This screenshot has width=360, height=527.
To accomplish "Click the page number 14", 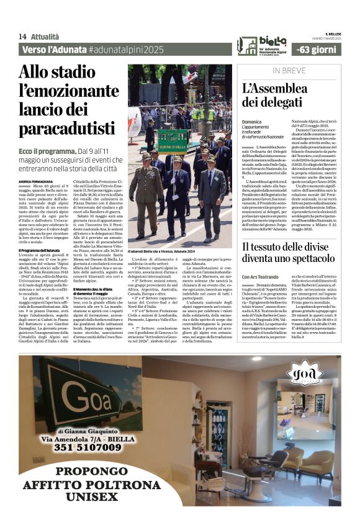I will pos(22,37).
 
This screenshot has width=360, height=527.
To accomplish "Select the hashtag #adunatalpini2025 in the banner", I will pos(129,49).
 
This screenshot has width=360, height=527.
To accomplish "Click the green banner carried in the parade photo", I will pos(172,141).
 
